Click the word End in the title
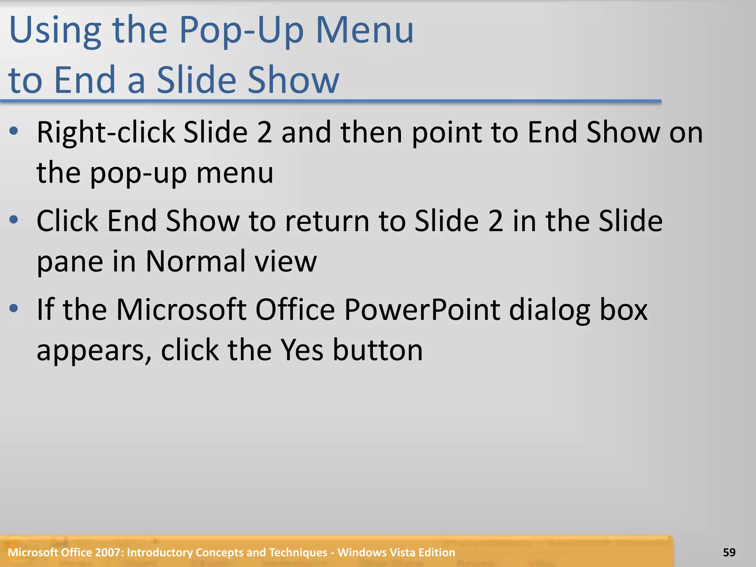(85, 79)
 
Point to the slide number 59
(729, 552)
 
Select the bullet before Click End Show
(14, 220)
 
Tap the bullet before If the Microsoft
(14, 309)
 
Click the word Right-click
(106, 133)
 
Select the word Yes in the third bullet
(302, 350)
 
